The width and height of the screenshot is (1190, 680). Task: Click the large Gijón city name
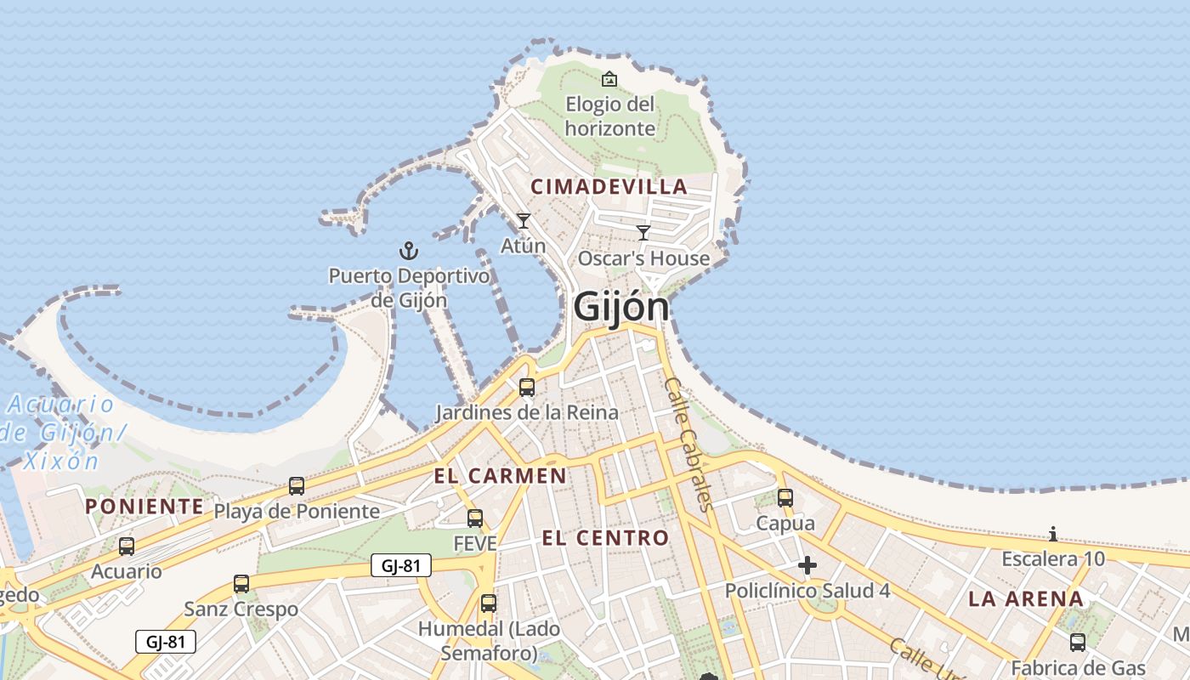tap(621, 307)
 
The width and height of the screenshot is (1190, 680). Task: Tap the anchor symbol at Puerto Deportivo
tap(409, 251)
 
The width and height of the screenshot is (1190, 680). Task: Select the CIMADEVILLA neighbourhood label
tap(609, 187)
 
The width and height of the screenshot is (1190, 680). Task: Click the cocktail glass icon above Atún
tap(524, 221)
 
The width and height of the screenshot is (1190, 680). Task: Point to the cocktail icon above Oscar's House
tap(643, 233)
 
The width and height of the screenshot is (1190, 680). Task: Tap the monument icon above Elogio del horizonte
tap(609, 80)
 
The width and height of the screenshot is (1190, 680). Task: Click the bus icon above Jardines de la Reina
tap(527, 388)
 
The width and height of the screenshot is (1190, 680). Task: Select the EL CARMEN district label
tap(500, 476)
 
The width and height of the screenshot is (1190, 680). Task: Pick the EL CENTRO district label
tap(605, 538)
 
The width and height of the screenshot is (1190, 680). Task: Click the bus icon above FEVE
tap(475, 518)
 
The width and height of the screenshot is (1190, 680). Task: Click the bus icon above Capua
tap(785, 498)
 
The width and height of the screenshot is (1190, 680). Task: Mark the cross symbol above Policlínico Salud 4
tap(807, 565)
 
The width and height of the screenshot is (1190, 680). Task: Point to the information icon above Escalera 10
tap(1053, 535)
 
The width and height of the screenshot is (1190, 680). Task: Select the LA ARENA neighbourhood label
tap(1026, 599)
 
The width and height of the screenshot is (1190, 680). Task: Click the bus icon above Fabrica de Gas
tap(1078, 643)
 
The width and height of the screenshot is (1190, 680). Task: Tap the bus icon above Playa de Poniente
tap(297, 486)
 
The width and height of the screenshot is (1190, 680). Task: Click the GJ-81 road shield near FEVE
tap(401, 565)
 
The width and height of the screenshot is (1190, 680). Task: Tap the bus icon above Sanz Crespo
tap(241, 584)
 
